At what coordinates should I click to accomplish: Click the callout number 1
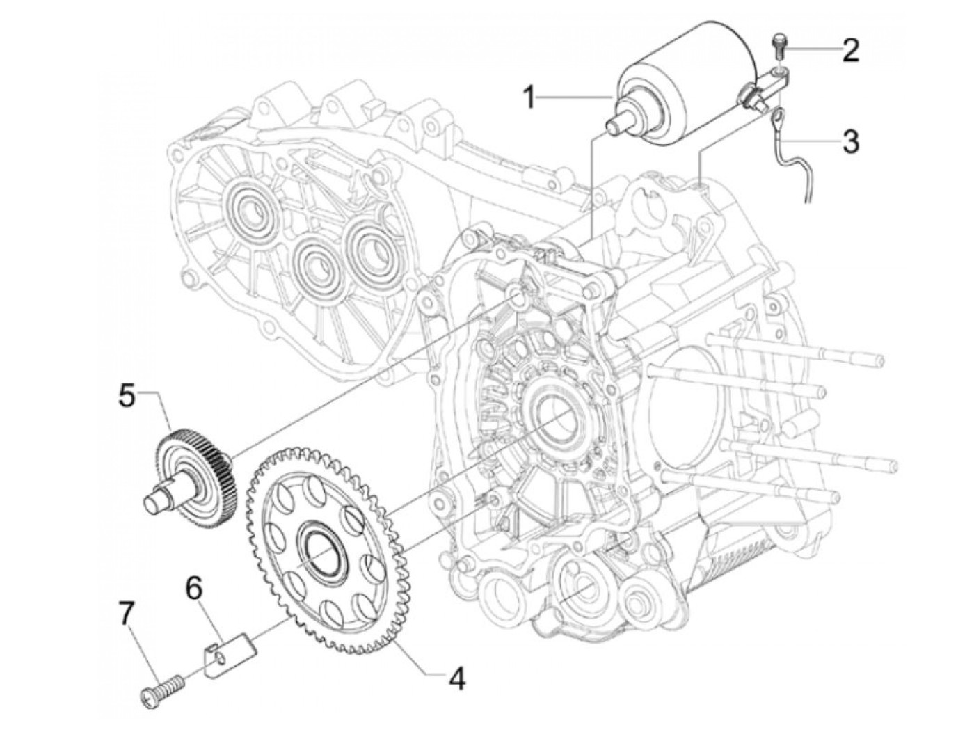[530, 97]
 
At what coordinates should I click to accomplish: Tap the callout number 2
[850, 50]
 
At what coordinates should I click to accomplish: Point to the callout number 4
[456, 678]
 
